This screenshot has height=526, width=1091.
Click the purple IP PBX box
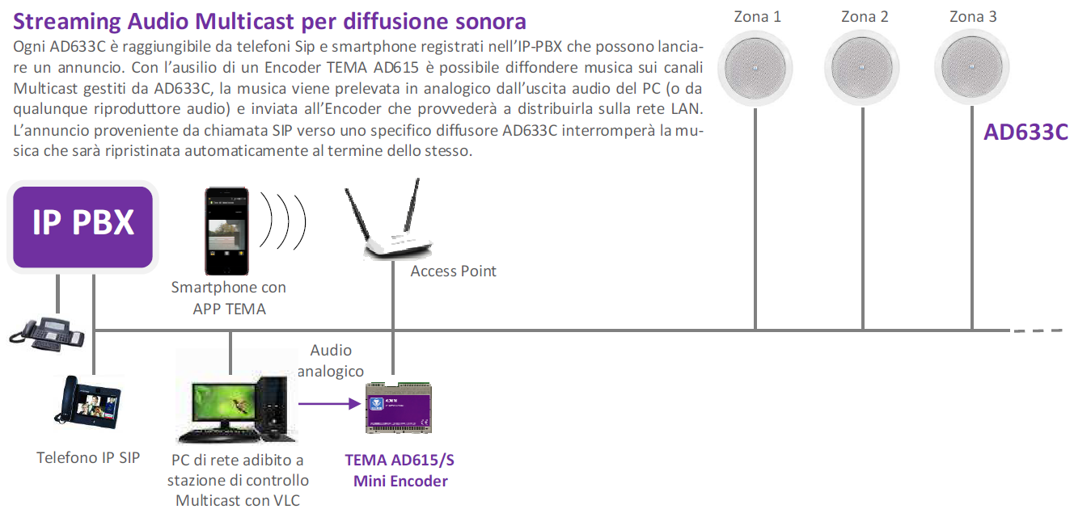(82, 227)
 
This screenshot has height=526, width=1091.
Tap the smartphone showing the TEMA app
(226, 231)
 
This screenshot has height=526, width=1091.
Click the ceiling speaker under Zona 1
(755, 68)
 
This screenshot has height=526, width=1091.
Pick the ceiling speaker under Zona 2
(862, 68)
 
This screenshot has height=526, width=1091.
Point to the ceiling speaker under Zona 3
(971, 67)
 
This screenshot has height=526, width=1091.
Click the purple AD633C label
(1025, 133)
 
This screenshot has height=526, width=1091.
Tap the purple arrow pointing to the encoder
(329, 403)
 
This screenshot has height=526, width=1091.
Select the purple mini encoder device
(399, 408)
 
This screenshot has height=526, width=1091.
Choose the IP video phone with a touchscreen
(87, 402)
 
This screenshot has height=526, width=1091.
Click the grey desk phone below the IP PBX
(47, 334)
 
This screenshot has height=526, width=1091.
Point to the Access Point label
(453, 271)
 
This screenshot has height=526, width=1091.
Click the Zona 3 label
(973, 17)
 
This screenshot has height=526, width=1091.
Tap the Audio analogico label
(331, 360)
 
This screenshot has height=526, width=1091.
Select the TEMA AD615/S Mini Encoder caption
(400, 470)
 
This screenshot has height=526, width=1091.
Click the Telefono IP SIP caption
(88, 458)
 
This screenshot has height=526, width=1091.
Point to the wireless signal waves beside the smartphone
(283, 221)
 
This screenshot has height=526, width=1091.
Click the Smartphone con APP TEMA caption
(228, 298)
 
